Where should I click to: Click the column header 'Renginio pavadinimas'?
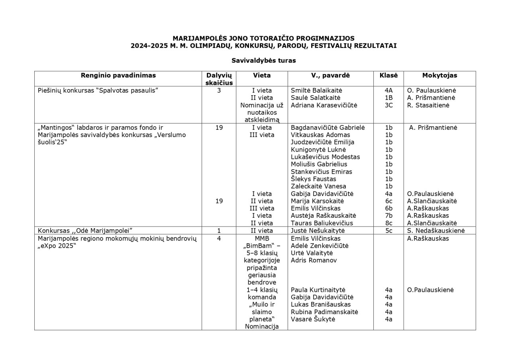118,75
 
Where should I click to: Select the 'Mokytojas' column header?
439,75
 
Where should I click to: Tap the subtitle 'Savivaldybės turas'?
263,61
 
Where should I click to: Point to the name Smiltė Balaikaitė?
316,90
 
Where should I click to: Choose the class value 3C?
389,105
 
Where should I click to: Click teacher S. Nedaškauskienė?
436,231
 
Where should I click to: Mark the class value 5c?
389,231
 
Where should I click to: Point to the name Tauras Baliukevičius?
322,223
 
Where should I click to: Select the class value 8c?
389,223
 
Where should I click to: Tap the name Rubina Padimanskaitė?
324,312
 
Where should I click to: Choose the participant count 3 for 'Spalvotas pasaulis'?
219,90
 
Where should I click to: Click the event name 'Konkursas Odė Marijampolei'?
85,231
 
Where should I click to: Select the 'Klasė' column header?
386,75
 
